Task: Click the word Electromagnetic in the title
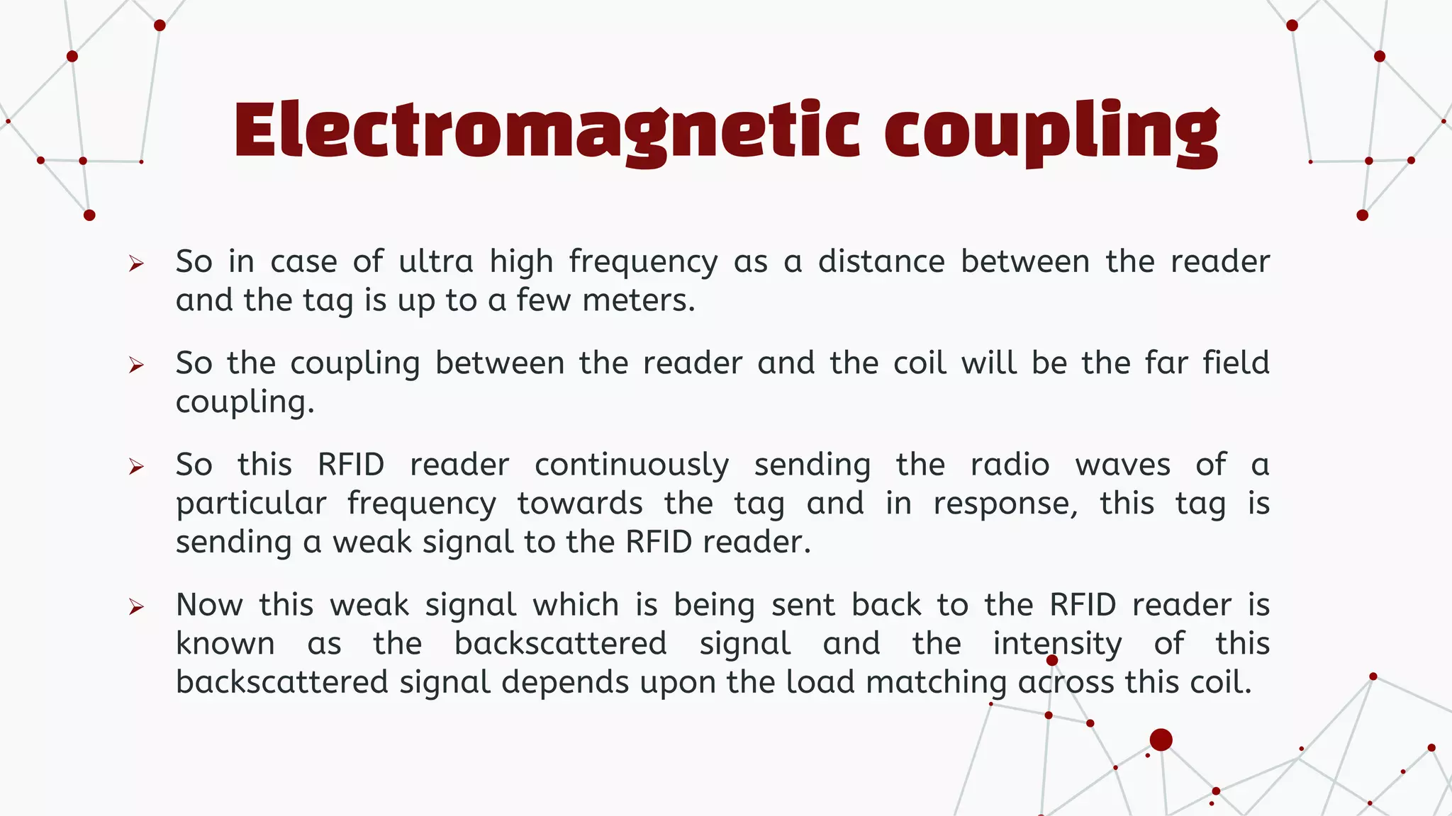(546, 131)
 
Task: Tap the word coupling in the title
(1051, 132)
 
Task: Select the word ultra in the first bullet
(435, 261)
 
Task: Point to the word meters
(638, 300)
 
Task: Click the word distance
(881, 261)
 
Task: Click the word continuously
(631, 465)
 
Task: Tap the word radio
(1010, 465)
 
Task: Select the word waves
(1123, 465)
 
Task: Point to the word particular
(251, 504)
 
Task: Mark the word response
(1005, 504)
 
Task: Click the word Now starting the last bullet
(209, 605)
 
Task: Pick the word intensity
(1057, 644)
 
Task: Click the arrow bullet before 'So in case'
(136, 264)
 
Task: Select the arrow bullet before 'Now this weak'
(136, 607)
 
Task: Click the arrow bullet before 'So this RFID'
(136, 467)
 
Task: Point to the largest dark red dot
(1161, 739)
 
